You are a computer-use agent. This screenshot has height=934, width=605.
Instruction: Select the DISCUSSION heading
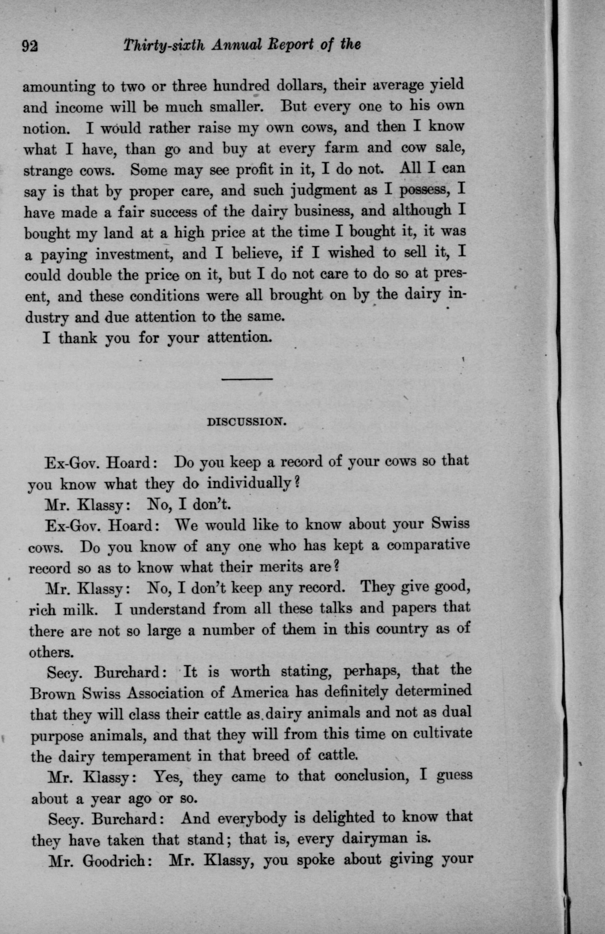tap(247, 422)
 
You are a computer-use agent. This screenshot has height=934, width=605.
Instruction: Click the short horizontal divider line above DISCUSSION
tap(247, 379)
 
